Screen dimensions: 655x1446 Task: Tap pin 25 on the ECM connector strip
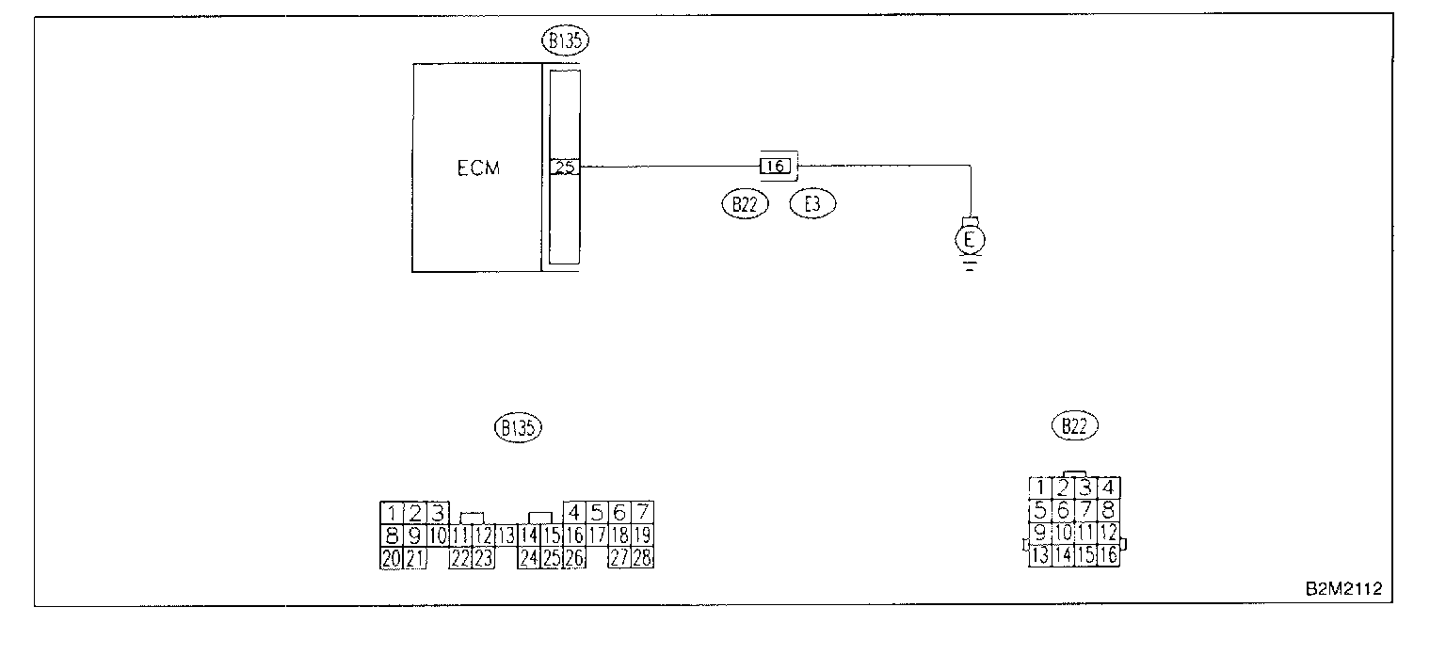pos(564,168)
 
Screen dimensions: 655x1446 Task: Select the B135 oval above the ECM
pos(561,40)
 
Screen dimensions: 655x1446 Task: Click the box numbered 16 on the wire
pos(775,167)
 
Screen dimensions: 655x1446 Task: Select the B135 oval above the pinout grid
pos(519,427)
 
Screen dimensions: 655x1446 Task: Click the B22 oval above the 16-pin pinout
pos(1074,426)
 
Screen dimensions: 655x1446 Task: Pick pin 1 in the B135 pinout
pos(392,514)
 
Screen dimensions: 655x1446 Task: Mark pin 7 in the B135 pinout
pos(643,513)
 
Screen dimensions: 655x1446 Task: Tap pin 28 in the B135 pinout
pos(643,558)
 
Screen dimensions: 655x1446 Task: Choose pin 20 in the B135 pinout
pos(392,558)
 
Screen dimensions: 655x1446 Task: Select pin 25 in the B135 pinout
pos(552,558)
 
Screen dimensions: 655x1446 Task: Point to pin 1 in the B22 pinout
pos(1039,487)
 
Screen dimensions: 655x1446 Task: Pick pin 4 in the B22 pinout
pos(1108,487)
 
